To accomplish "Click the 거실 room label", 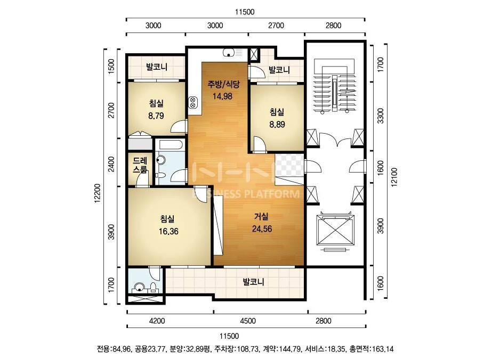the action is (261, 216).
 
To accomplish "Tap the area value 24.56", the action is (262, 229).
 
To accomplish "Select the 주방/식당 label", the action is (223, 84).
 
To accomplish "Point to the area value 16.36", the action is (168, 232).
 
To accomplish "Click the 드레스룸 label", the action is (140, 165).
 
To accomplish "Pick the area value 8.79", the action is (156, 116).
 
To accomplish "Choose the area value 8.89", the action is (277, 125).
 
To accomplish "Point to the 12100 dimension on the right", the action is (394, 177).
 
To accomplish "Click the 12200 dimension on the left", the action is (98, 193).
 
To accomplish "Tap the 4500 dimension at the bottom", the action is (248, 321).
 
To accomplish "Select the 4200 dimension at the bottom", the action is (157, 321).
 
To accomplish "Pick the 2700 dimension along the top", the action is (276, 26).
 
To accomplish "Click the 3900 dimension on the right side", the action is (380, 226).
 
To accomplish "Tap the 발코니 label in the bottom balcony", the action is (254, 282).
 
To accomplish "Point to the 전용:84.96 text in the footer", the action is (115, 349).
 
